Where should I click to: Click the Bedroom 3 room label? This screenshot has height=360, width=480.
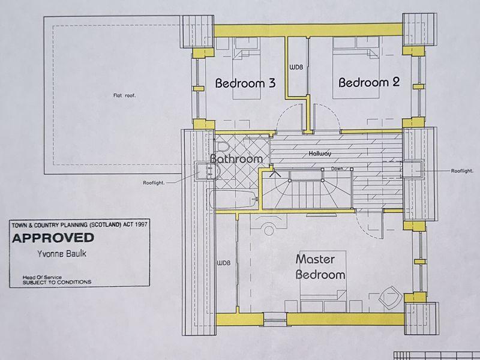coord(245,83)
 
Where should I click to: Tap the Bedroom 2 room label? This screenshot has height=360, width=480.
coord(369,82)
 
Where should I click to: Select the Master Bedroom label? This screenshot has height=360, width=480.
coord(320,267)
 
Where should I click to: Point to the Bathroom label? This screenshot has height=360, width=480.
coord(236,158)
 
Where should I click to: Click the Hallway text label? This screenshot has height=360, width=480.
coord(320,154)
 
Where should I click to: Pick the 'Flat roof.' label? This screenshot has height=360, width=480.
coord(124,95)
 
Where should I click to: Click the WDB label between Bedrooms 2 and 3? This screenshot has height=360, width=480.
coord(296,67)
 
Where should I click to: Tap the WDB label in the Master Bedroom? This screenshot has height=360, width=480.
coord(223,263)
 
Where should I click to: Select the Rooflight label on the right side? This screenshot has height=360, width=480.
coord(462,171)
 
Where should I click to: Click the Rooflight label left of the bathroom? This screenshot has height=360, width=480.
coord(154,183)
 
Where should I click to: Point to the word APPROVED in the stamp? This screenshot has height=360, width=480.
coord(53,238)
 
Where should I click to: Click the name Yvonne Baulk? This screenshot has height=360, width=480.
coord(62,254)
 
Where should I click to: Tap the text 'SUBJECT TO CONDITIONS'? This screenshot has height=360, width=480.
coord(57,282)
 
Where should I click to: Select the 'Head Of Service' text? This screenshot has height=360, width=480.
coord(42,277)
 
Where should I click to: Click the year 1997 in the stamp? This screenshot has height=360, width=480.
coord(142,224)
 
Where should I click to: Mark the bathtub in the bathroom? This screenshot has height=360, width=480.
coord(232,199)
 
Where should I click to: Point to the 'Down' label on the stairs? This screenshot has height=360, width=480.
coord(337,169)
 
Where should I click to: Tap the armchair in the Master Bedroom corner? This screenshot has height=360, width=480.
coord(391,296)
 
